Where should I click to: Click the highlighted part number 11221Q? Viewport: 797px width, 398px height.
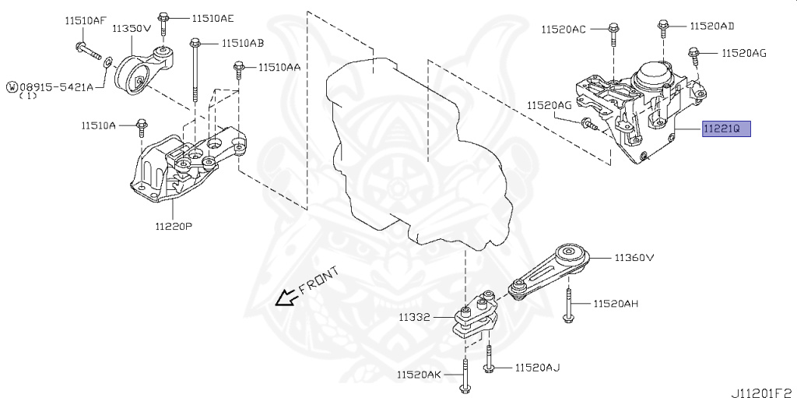pyautogui.click(x=726, y=129)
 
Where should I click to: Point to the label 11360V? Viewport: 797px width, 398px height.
pyautogui.click(x=634, y=257)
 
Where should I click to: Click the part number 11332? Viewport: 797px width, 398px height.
pyautogui.click(x=416, y=318)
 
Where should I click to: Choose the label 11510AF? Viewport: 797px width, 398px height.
pyautogui.click(x=86, y=22)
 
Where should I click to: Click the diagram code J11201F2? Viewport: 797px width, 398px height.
pyautogui.click(x=760, y=386)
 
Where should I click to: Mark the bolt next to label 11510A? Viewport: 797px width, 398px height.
pyautogui.click(x=142, y=127)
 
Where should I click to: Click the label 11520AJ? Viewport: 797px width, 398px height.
pyautogui.click(x=537, y=367)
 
